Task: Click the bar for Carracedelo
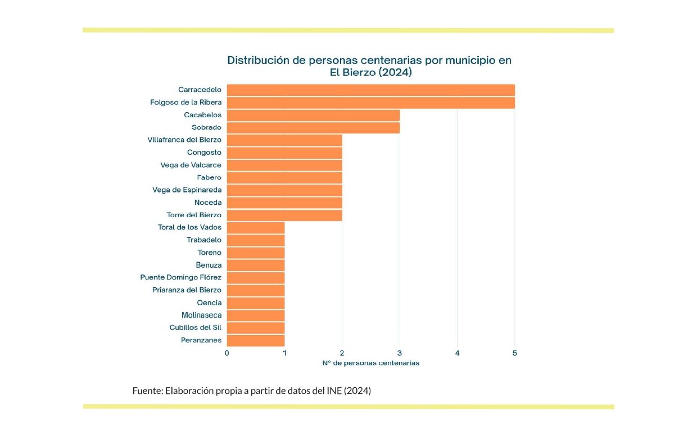click(370, 90)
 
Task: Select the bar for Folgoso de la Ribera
click(370, 102)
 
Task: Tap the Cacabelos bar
click(313, 115)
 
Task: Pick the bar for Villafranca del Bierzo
click(284, 140)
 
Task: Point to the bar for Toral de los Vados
click(256, 227)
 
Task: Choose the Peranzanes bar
click(256, 340)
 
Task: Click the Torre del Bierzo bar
click(284, 215)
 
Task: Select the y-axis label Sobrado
click(206, 127)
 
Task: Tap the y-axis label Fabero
click(209, 177)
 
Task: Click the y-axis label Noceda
click(208, 203)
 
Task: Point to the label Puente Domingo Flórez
click(180, 277)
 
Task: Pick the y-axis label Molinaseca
click(201, 315)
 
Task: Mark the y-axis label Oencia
click(209, 302)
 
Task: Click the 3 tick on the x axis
click(400, 353)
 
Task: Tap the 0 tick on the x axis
click(227, 353)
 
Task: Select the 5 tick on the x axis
click(515, 353)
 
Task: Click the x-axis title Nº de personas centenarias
click(370, 363)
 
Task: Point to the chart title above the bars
click(369, 66)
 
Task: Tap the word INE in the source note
click(334, 391)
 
